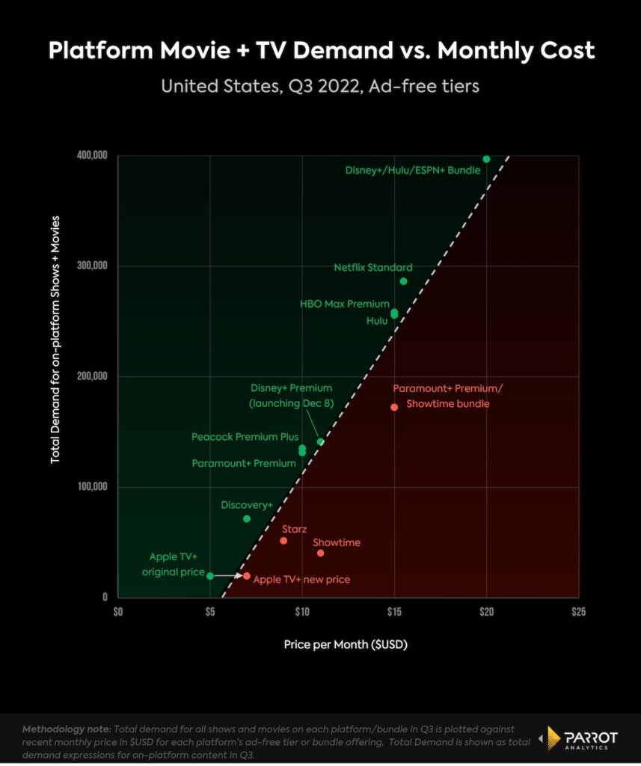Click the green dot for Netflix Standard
[x=403, y=281]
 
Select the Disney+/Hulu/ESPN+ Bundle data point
[x=486, y=159]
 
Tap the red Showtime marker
[x=320, y=553]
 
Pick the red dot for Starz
[x=283, y=541]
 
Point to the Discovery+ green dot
[x=247, y=518]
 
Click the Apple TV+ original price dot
[x=210, y=576]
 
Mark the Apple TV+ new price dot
[x=247, y=576]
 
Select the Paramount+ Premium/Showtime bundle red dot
[x=394, y=407]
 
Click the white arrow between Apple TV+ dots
[x=228, y=576]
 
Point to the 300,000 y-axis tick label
[x=92, y=266]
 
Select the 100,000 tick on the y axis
[x=92, y=488]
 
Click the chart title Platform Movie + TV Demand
[x=321, y=50]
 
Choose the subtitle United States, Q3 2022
[x=321, y=86]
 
